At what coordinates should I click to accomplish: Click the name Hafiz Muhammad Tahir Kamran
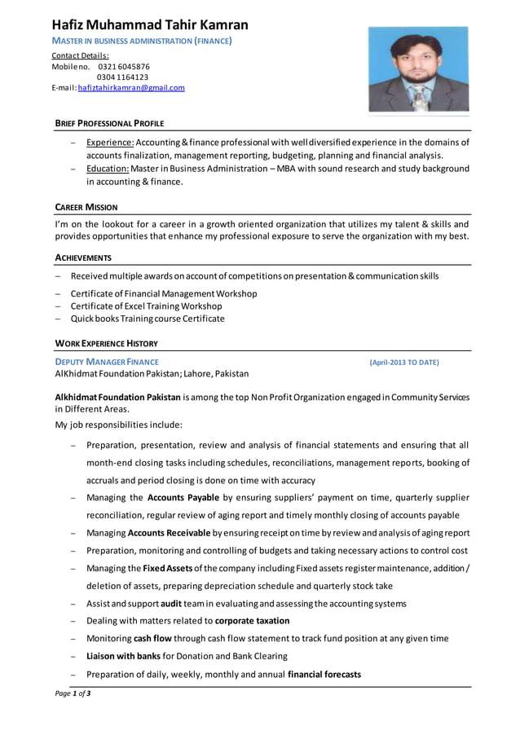coord(151,24)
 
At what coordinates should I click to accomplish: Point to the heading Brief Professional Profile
coord(109,123)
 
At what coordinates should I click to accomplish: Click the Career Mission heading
coord(86,207)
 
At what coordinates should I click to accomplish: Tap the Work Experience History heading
coord(106,343)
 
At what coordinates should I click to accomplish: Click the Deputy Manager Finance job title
coord(107,362)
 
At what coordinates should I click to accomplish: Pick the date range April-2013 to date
coord(404,362)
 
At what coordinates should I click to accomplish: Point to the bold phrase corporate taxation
coord(252,621)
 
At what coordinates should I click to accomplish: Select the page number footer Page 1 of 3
coord(73,693)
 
